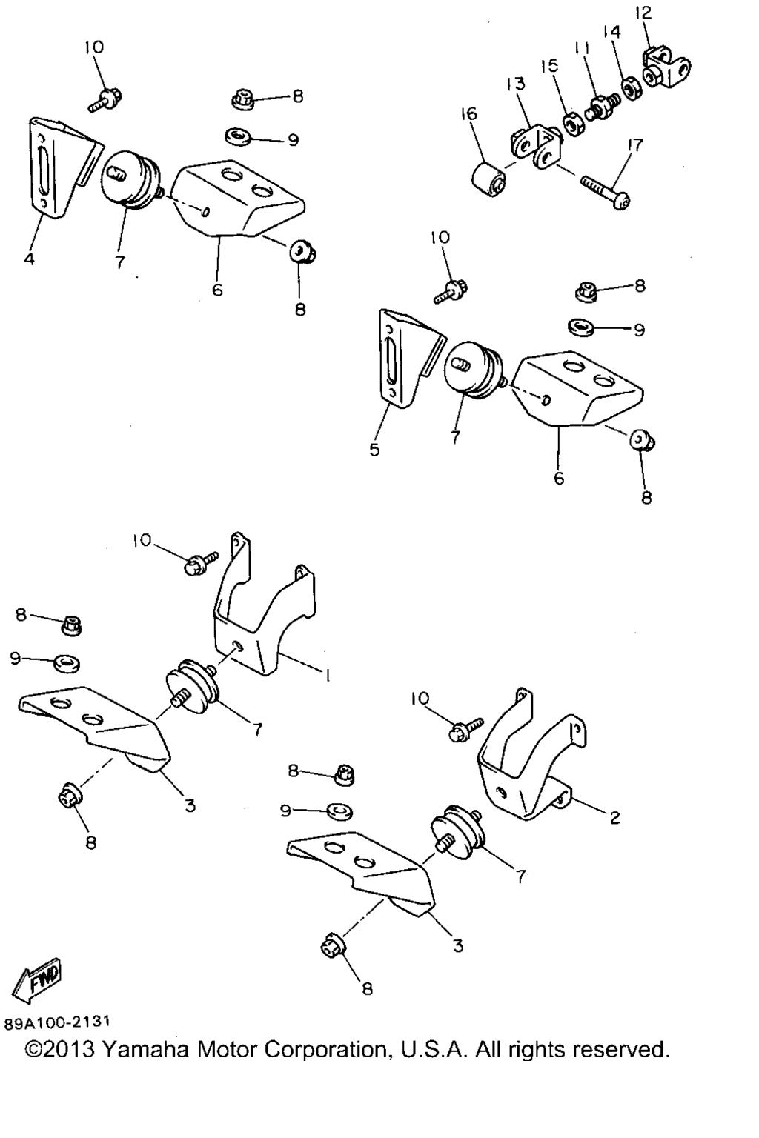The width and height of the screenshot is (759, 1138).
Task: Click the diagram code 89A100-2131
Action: [57, 1022]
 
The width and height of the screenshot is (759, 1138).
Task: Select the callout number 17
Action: [635, 145]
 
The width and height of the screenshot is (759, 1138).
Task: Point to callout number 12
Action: [643, 13]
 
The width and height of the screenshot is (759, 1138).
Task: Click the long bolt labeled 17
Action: [606, 192]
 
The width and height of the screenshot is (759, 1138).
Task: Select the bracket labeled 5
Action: [408, 358]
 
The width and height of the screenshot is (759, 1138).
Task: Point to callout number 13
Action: [516, 83]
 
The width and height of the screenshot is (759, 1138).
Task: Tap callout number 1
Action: [328, 675]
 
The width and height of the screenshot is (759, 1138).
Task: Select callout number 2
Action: [614, 817]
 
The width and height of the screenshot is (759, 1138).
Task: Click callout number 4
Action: [29, 259]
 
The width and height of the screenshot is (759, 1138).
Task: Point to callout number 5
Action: [374, 450]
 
